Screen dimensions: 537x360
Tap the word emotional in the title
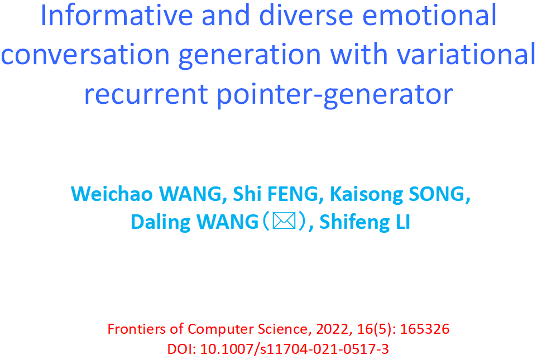429,16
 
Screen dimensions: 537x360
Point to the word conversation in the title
85,55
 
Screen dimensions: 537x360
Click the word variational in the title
466,55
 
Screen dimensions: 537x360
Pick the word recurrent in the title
146,94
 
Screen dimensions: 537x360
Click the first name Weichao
112,194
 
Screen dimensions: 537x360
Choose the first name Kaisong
366,195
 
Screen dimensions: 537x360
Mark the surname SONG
440,194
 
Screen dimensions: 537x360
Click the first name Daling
161,222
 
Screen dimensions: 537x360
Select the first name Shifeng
354,222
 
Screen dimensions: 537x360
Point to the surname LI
403,222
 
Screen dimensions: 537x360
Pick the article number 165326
425,329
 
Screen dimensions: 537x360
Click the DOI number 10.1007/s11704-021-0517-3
295,349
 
